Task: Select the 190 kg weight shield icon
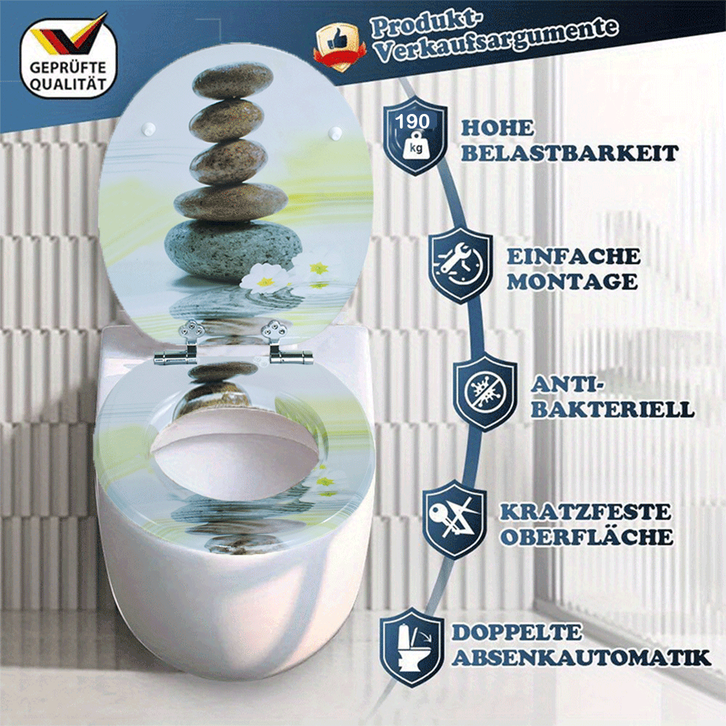[x=415, y=136]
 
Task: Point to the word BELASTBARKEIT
[x=570, y=153]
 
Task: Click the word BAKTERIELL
[x=612, y=408]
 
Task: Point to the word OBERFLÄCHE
[x=586, y=537]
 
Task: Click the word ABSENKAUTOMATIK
[x=581, y=658]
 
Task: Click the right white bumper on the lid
[x=336, y=133]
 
